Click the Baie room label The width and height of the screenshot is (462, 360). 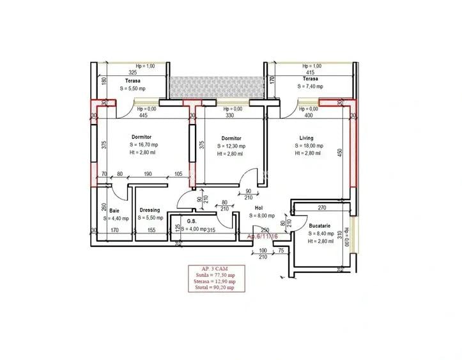pyautogui.click(x=114, y=210)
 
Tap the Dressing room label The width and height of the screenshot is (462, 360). pyautogui.click(x=150, y=210)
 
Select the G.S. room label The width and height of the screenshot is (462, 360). pyautogui.click(x=192, y=222)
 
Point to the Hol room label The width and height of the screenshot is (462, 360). pyautogui.click(x=259, y=208)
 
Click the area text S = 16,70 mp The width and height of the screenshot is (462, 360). pyautogui.click(x=141, y=146)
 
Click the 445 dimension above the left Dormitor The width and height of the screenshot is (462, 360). pyautogui.click(x=143, y=116)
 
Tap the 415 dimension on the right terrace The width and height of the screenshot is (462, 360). pyautogui.click(x=311, y=72)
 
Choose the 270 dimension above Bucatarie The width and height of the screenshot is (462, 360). pyautogui.click(x=322, y=208)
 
